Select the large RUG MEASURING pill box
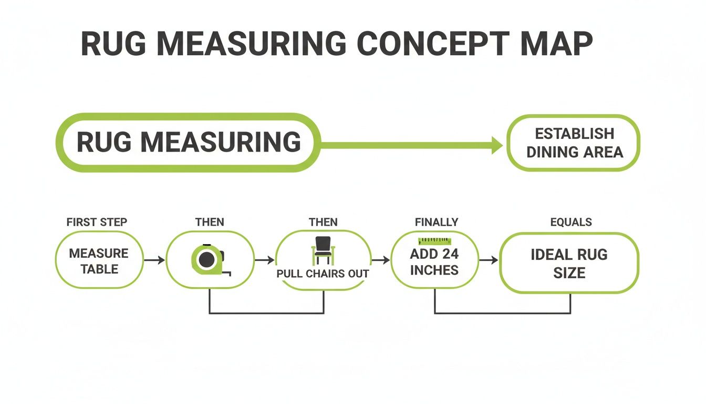click(x=188, y=142)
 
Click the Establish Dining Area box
click(x=574, y=143)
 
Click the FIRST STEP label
click(x=97, y=222)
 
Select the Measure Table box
click(x=99, y=260)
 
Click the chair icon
click(x=323, y=250)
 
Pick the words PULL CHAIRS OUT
click(x=323, y=274)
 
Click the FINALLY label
click(x=436, y=222)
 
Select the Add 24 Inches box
click(x=434, y=261)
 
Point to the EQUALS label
click(x=571, y=222)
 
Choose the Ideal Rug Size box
click(x=569, y=263)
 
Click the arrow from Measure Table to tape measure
click(x=154, y=260)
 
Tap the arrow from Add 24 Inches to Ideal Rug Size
click(x=489, y=260)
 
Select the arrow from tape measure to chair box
click(x=265, y=260)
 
